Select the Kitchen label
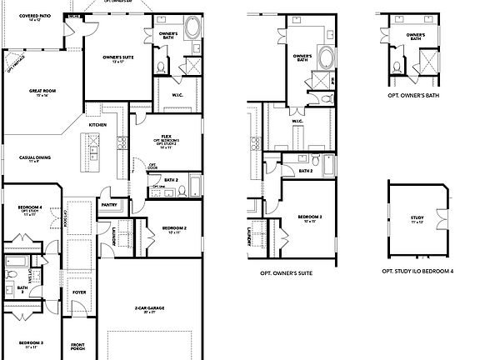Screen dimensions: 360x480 98,125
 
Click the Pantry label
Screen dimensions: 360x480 108,203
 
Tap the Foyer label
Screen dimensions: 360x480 80,292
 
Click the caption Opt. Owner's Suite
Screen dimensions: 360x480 286,273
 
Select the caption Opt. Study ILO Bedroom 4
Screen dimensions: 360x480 417,272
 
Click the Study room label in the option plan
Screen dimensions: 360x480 417,219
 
